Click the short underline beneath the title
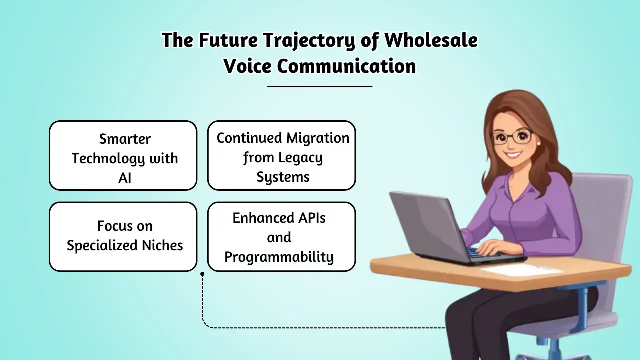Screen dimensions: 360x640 tap(320, 86)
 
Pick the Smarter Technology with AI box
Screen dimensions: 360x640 tap(123, 155)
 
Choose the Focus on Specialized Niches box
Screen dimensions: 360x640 tap(123, 236)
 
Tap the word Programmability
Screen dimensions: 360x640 tap(279, 257)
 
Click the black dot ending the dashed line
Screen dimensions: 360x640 tap(202, 274)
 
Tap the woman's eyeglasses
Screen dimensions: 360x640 tap(512, 137)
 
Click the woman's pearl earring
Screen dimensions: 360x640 tap(538, 143)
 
